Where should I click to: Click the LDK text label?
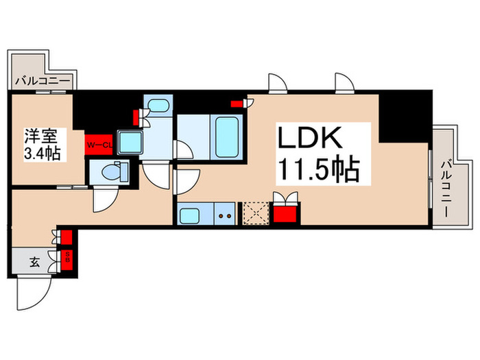click(x=309, y=138)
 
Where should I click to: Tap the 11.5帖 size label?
click(x=317, y=168)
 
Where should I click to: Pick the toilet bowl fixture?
click(x=111, y=171)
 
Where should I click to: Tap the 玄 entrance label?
click(x=34, y=261)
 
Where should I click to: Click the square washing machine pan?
click(x=130, y=142)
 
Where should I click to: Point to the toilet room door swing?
click(x=106, y=199)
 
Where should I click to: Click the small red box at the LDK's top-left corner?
click(x=237, y=104)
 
